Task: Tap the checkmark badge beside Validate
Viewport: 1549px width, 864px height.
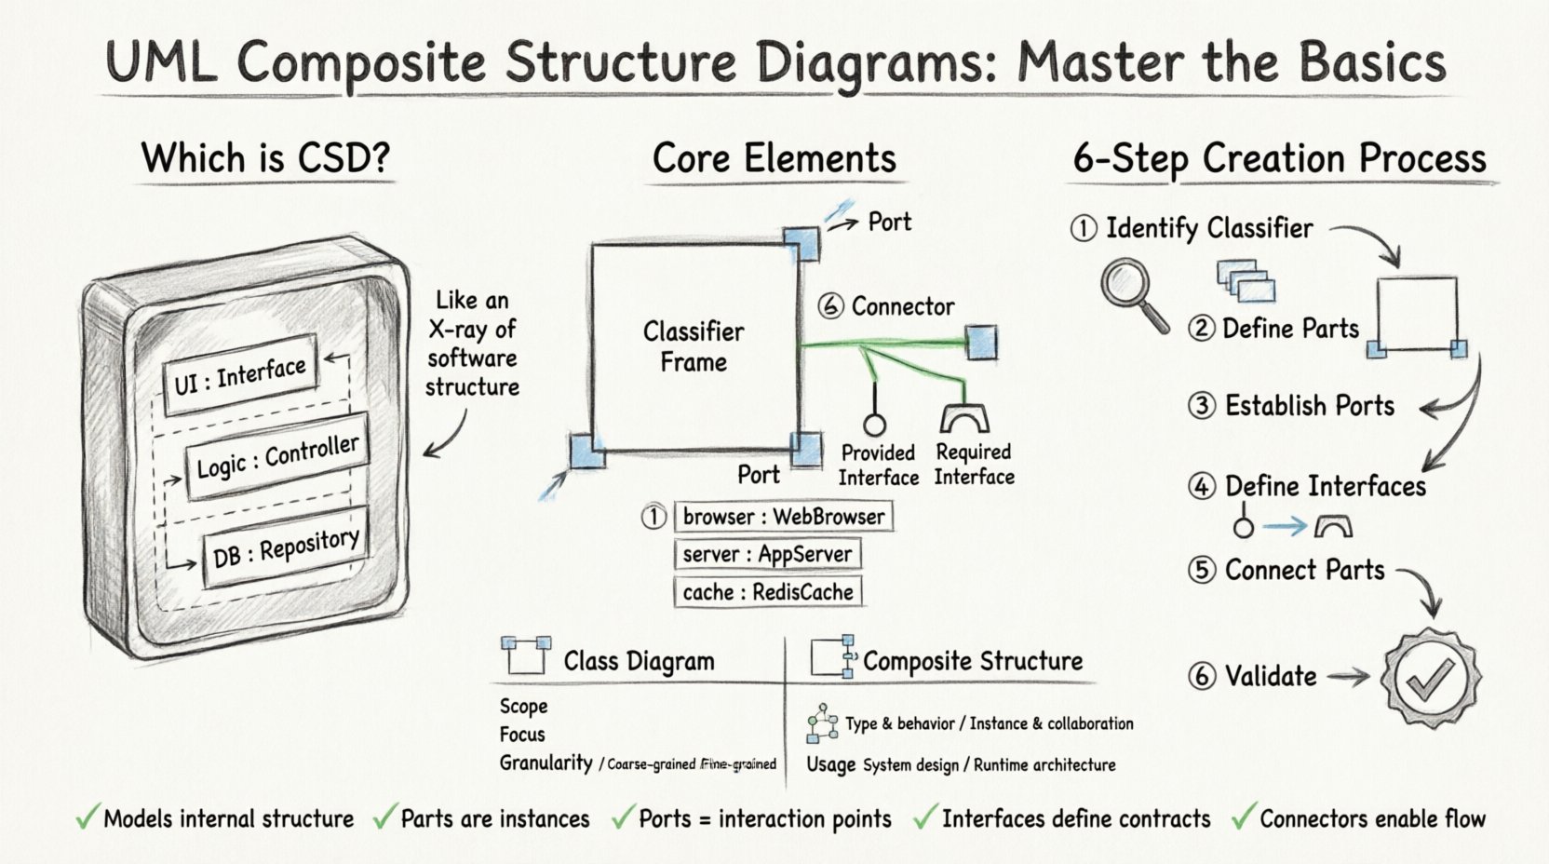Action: point(1431,677)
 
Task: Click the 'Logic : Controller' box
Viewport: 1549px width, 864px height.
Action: point(276,457)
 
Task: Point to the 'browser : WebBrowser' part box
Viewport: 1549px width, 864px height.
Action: point(783,517)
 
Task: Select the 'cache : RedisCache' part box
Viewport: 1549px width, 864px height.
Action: point(767,592)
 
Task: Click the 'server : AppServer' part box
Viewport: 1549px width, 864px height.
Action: point(766,555)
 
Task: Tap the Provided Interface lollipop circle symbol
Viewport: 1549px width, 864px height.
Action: point(874,425)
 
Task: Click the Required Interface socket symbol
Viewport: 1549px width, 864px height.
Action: point(963,418)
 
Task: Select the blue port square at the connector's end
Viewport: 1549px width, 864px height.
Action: point(981,342)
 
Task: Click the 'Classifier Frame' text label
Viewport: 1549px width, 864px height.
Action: point(694,346)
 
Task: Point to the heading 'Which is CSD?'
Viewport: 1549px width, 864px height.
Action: point(265,158)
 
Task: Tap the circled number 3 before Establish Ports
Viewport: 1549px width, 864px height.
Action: point(1202,406)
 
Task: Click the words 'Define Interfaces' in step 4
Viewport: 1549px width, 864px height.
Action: point(1325,486)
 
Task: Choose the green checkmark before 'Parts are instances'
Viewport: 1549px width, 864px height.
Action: point(384,817)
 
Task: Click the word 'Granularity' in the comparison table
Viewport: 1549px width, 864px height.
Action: point(546,763)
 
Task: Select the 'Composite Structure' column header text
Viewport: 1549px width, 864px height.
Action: point(972,661)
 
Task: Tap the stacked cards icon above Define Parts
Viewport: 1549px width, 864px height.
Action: point(1246,280)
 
